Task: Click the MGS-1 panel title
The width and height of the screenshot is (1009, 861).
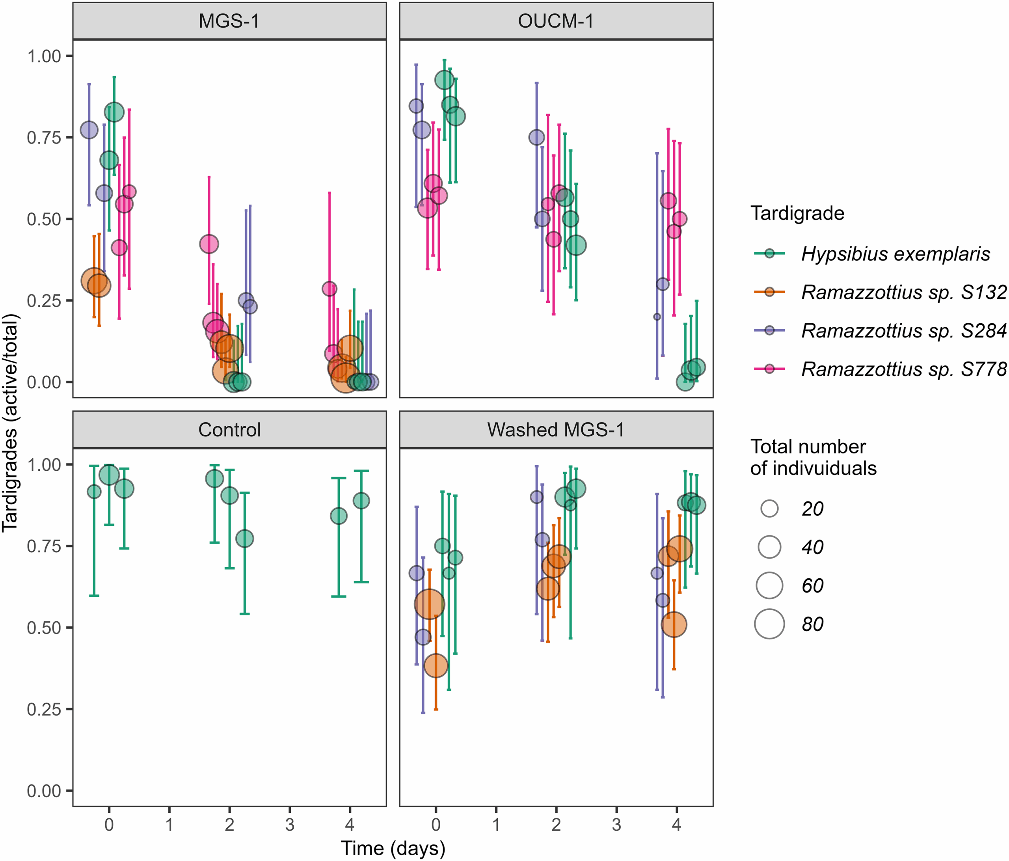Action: pos(229,21)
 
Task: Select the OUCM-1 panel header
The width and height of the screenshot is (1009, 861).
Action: pos(556,21)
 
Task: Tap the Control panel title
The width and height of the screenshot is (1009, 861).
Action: pos(229,430)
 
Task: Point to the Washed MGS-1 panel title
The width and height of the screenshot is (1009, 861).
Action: pos(556,430)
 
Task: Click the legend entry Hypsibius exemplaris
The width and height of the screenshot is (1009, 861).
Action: pos(895,254)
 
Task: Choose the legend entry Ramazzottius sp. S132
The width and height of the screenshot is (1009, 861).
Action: pos(903,292)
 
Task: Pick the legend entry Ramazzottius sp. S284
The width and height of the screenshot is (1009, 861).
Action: pos(903,331)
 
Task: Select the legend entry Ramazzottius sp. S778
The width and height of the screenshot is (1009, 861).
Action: pos(903,369)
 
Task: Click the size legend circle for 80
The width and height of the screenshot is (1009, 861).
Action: pos(769,624)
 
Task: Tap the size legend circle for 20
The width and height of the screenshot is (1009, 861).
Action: pos(769,509)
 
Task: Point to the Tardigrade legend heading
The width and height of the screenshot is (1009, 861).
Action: pos(797,213)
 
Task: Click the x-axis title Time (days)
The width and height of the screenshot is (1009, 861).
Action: pos(393,848)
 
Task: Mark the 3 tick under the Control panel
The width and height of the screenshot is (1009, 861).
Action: pos(290,824)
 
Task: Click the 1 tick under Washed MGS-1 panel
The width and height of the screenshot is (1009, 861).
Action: pos(496,824)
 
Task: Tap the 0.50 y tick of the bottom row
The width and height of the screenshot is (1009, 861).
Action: pos(44,627)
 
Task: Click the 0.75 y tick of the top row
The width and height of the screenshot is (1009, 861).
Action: pos(44,138)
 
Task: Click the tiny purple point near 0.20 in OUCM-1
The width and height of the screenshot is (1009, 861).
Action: pos(657,317)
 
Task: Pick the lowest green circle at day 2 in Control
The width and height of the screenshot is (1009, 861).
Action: pos(244,539)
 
